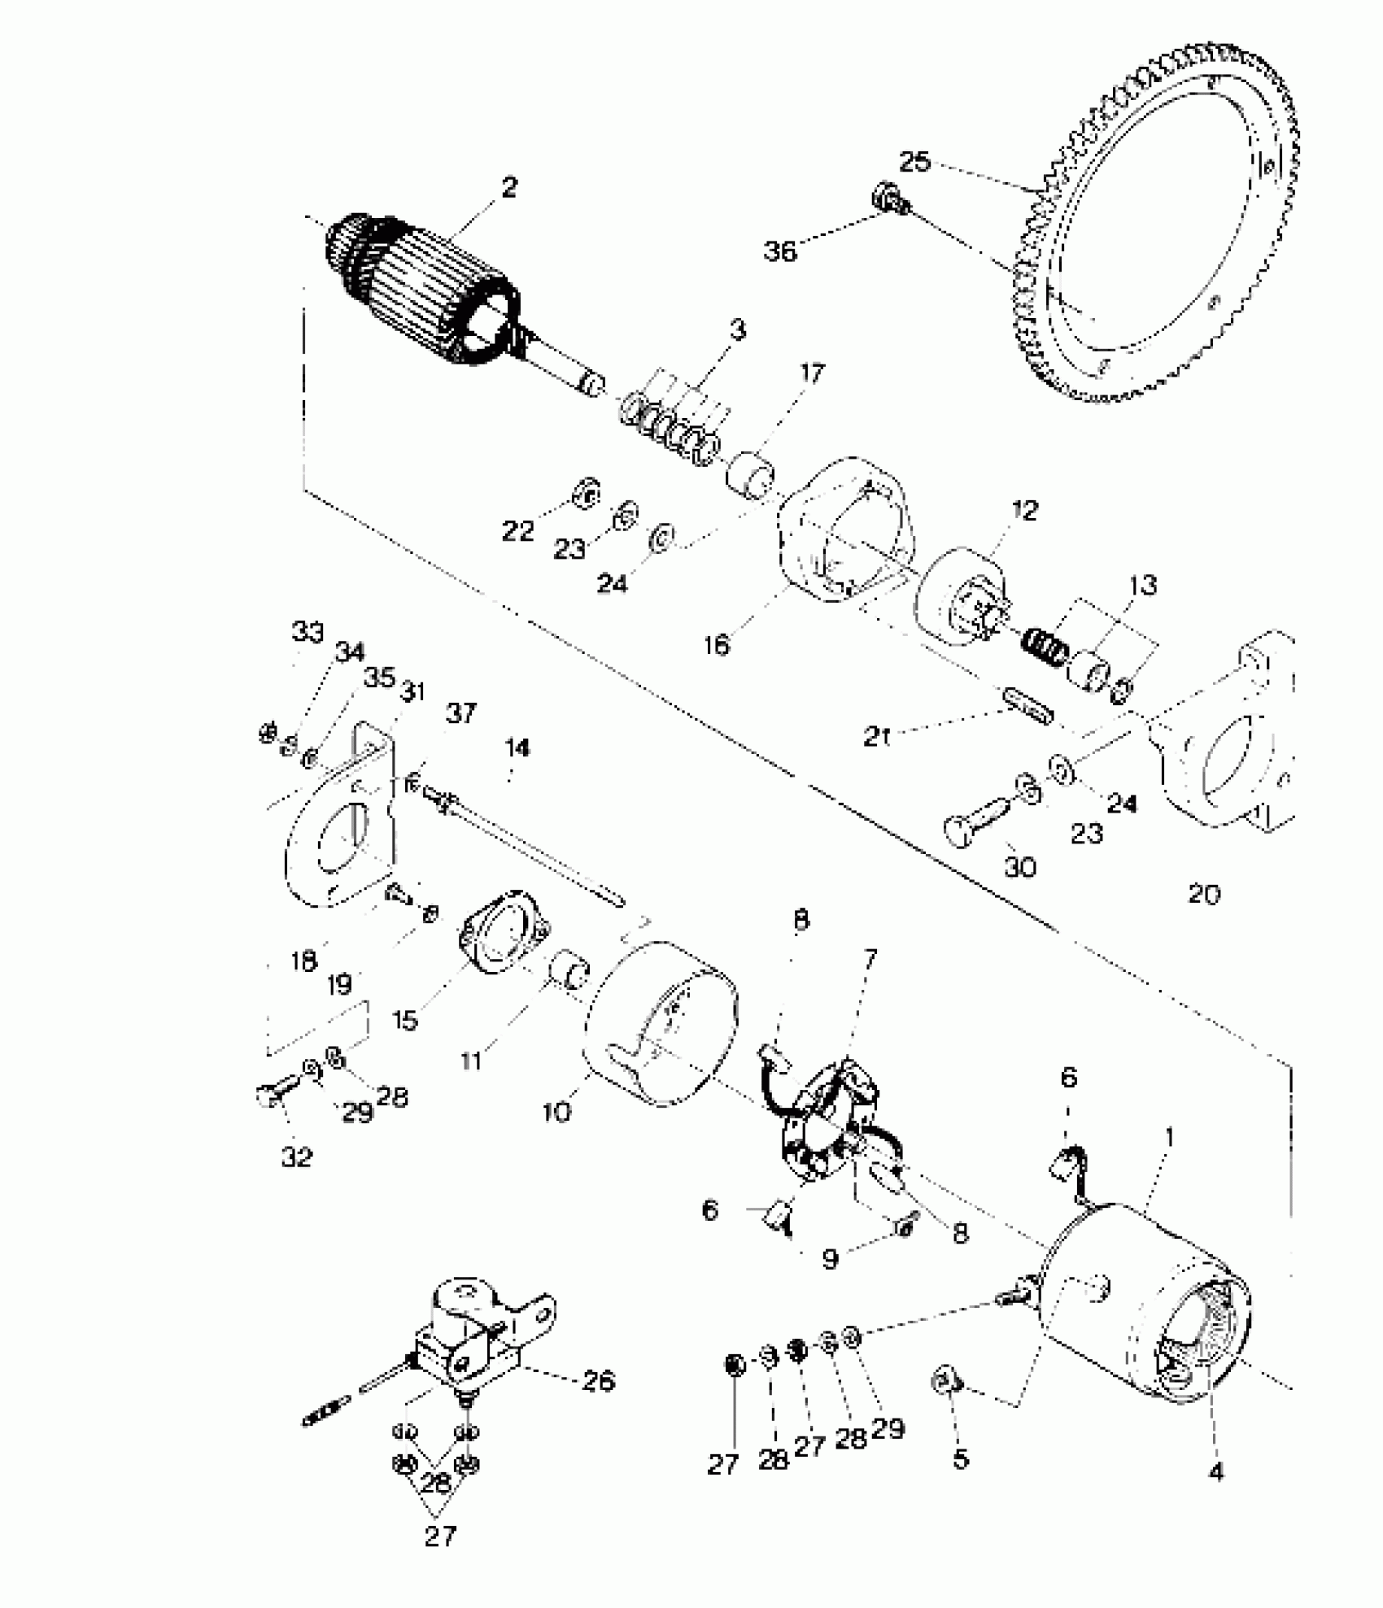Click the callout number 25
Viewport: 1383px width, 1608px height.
click(x=914, y=161)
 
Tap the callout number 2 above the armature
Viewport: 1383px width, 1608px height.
click(x=509, y=188)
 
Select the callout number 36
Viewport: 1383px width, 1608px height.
click(x=779, y=251)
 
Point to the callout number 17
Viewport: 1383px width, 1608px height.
click(x=812, y=373)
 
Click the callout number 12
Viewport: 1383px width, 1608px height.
click(x=1025, y=511)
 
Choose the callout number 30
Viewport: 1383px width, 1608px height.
click(x=1020, y=867)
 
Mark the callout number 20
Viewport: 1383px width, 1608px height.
click(x=1204, y=894)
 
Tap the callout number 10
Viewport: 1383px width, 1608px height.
click(x=557, y=1111)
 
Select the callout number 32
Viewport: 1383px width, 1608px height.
click(x=297, y=1157)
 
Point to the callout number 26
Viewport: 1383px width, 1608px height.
click(x=599, y=1380)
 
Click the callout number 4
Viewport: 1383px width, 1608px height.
click(x=1217, y=1471)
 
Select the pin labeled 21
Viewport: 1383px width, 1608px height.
click(x=1029, y=706)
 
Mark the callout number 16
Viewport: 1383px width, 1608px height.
click(x=717, y=645)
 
